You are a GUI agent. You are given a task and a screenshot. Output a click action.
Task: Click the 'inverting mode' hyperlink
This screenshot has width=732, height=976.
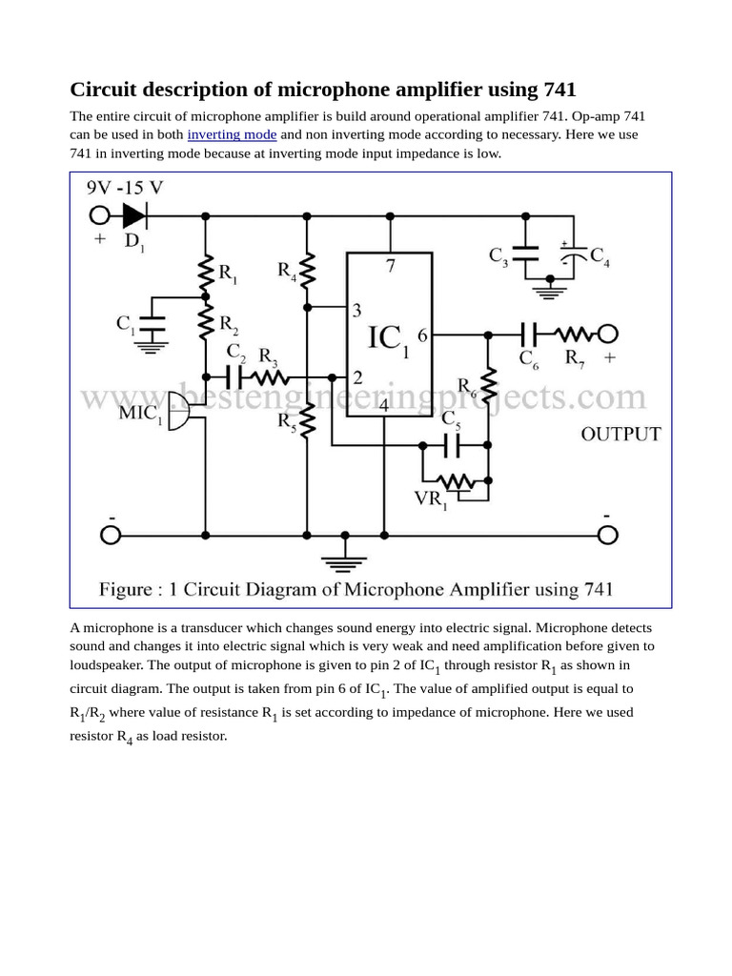click(x=232, y=134)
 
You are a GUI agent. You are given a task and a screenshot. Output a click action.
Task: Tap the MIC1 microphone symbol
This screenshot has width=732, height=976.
click(x=177, y=409)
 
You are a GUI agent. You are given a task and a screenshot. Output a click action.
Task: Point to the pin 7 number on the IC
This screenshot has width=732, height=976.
click(x=391, y=266)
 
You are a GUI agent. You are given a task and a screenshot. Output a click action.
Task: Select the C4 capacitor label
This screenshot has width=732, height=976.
click(x=600, y=255)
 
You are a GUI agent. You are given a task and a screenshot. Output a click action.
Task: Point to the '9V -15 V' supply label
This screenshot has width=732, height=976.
click(x=125, y=188)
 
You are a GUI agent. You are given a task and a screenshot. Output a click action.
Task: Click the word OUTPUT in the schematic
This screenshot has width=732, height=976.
click(x=621, y=435)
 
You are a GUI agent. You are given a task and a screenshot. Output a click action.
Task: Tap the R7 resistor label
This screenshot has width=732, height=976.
click(x=576, y=358)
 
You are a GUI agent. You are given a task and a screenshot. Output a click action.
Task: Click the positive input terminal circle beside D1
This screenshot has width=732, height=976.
click(x=100, y=214)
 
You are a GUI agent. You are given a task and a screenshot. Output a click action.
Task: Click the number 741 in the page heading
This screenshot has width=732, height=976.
click(x=559, y=90)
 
